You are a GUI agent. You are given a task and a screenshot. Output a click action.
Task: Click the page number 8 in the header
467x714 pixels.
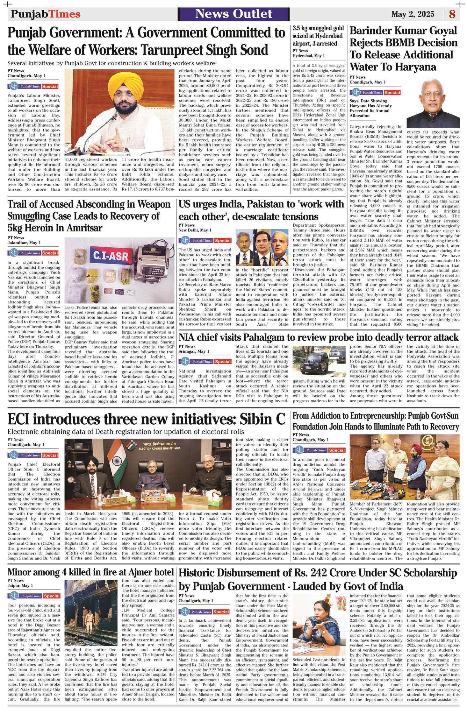pos(452,14)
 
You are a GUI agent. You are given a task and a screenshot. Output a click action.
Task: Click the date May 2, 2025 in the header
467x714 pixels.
pos(413,14)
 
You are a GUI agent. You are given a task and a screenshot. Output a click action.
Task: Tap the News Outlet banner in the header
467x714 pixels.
pos(233,14)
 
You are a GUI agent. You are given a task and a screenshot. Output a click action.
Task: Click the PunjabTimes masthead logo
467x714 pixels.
pos(46,14)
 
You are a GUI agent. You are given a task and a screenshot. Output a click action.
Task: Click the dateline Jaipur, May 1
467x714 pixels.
pos(20,586)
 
